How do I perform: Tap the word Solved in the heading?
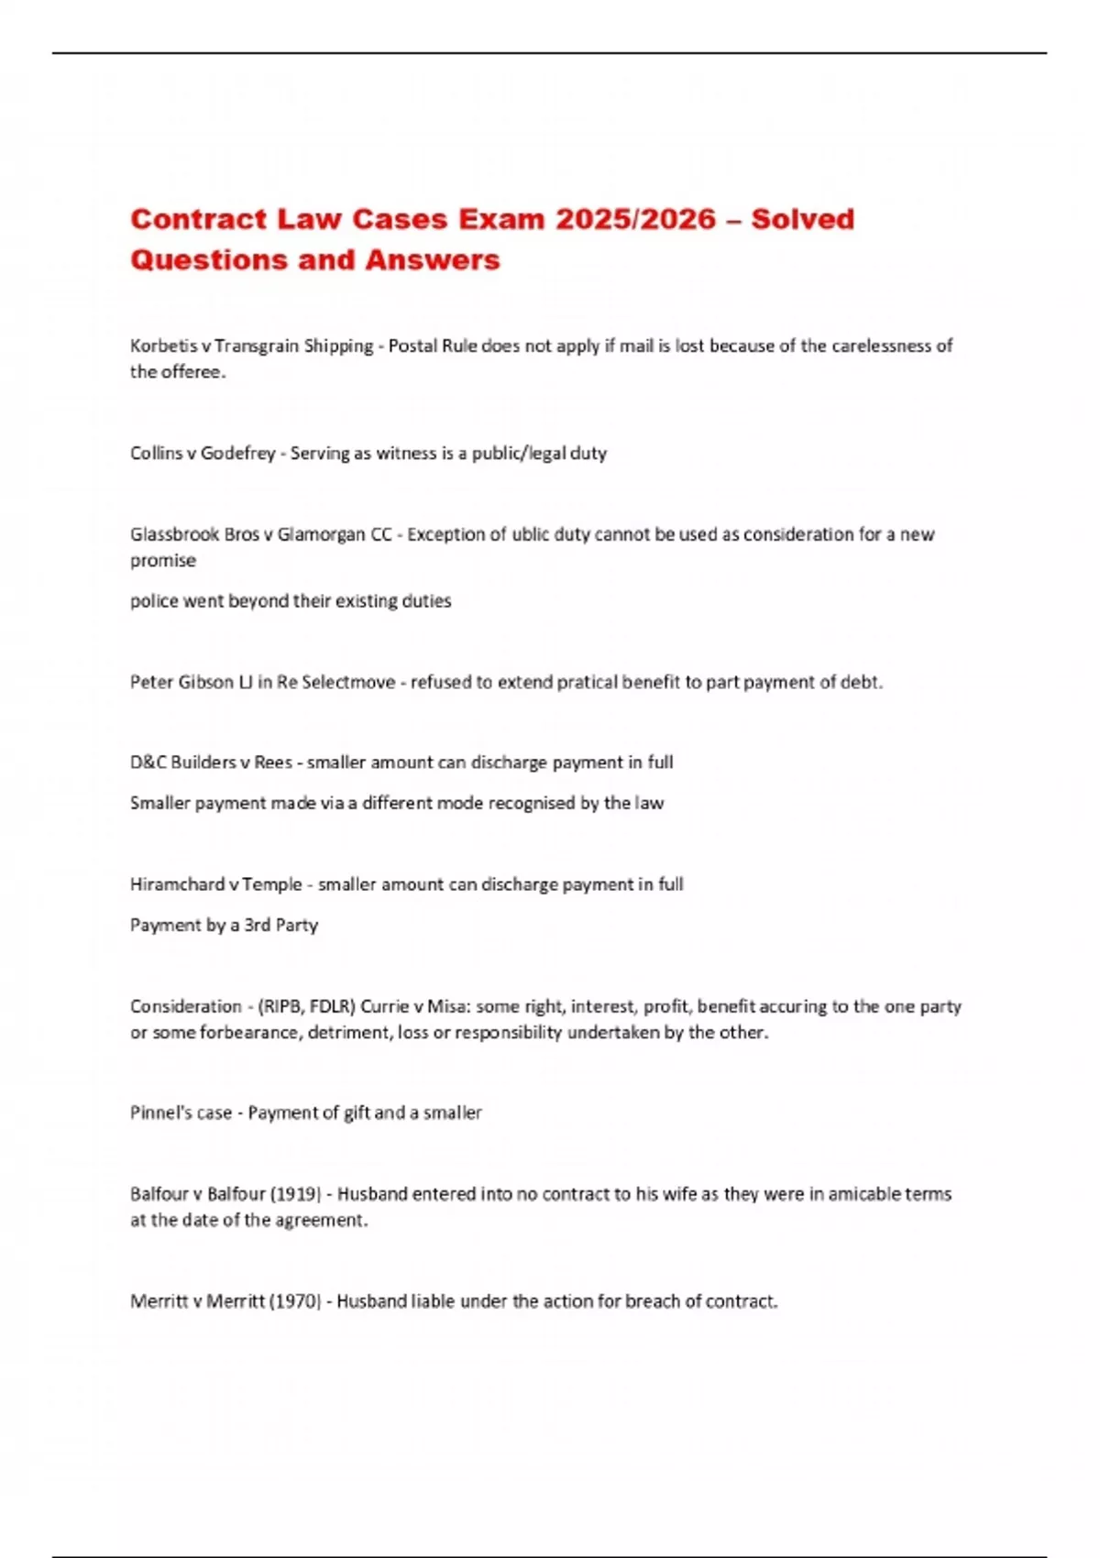point(802,219)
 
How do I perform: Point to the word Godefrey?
point(237,453)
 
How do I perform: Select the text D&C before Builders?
point(148,763)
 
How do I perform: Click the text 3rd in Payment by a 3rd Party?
point(257,925)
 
